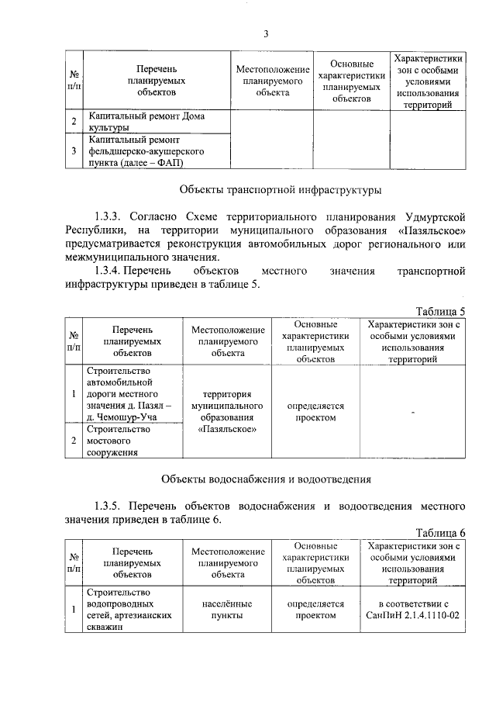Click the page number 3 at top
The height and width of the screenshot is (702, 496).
coord(265,33)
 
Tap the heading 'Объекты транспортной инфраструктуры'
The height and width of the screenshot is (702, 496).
coord(280,189)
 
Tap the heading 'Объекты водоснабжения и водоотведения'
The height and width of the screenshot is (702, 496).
coord(266,479)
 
